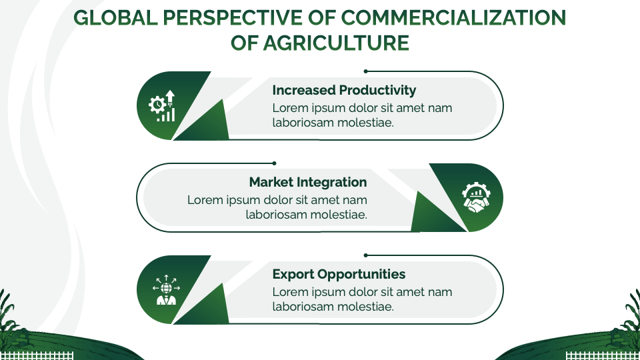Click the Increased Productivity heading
coord(344,90)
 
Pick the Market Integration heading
coord(308,182)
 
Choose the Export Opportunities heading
coord(339,274)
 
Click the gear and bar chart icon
coord(163,106)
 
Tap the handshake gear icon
coord(476,198)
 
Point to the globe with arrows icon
coord(163,290)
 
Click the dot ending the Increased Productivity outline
coord(365,71)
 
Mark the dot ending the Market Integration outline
coord(274,163)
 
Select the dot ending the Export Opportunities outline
coord(365,255)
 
